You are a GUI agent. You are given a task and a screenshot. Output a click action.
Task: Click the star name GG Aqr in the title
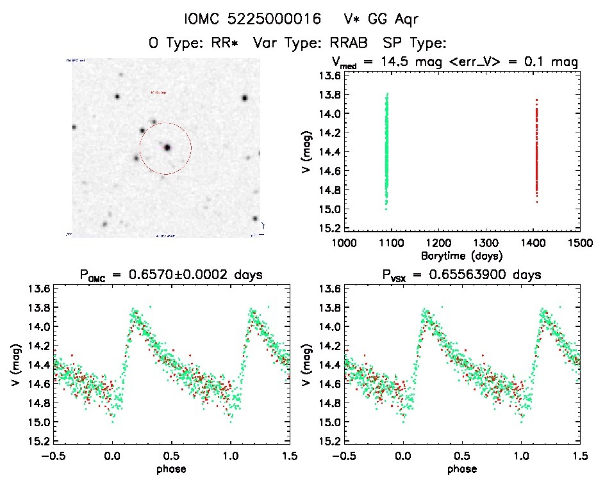tap(396, 20)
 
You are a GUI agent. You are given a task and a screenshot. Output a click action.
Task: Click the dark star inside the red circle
tap(167, 148)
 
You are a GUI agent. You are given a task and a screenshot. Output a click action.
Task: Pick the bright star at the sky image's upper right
tap(244, 98)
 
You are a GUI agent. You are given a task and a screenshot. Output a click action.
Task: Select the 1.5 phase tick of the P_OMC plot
tap(290, 456)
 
